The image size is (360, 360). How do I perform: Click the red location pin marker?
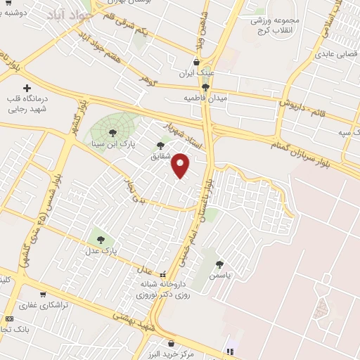click(x=181, y=165)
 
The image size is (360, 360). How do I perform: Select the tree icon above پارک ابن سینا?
click(x=112, y=133)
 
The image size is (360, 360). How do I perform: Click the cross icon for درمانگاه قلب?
click(x=27, y=89)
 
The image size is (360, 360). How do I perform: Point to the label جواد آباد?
click(x=72, y=15)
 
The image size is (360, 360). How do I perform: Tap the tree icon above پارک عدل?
click(x=98, y=239)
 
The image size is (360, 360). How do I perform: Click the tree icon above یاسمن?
click(x=220, y=264)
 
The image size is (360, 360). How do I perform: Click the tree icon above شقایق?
click(x=161, y=145)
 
